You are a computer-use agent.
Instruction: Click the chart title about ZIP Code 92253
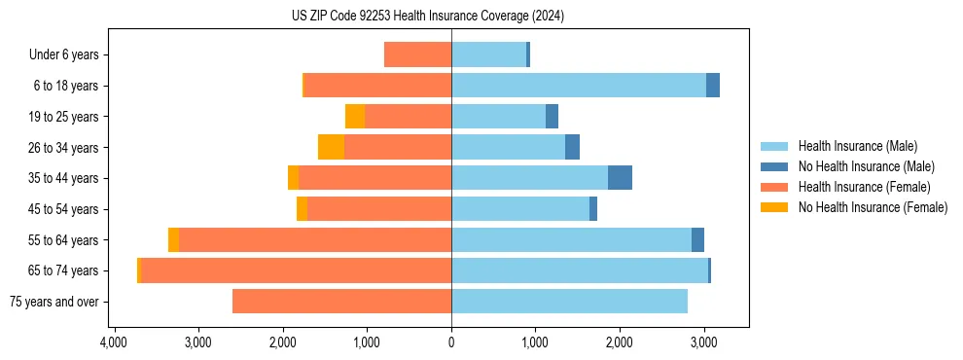428,16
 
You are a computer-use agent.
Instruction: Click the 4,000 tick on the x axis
114,343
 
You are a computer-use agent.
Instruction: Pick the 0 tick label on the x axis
451,343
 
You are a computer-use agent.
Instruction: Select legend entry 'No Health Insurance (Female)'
873,207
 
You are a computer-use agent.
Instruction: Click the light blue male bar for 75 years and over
569,302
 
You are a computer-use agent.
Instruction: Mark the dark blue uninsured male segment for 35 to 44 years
620,178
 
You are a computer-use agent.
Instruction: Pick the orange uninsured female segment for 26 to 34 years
332,147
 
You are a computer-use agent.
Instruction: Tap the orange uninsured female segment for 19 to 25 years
355,117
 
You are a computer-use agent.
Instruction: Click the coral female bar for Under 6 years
417,54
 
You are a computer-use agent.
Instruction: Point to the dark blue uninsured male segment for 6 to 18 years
713,86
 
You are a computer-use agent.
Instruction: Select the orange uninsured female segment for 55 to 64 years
173,239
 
